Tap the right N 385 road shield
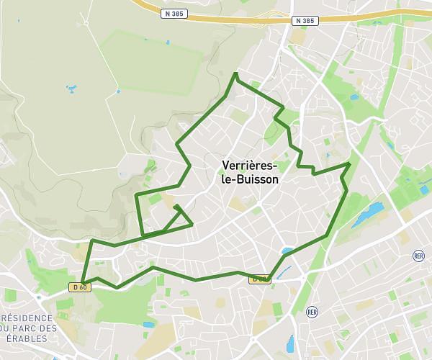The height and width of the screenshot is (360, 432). pyautogui.click(x=305, y=21)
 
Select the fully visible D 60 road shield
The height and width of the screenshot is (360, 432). pyautogui.click(x=79, y=287)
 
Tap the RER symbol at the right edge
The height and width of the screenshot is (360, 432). pyautogui.click(x=419, y=256)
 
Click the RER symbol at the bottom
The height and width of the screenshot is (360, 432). pyautogui.click(x=312, y=312)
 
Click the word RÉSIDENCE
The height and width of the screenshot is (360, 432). pyautogui.click(x=27, y=318)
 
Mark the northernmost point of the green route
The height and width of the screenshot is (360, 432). pyautogui.click(x=236, y=73)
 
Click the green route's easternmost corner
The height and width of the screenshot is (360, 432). pyautogui.click(x=350, y=164)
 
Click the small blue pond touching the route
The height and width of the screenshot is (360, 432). pyautogui.click(x=288, y=252)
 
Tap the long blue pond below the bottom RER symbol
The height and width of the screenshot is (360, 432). pyautogui.click(x=291, y=344)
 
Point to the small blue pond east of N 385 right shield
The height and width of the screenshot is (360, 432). pyautogui.click(x=353, y=97)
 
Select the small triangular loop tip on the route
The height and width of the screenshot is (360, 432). pyautogui.click(x=176, y=207)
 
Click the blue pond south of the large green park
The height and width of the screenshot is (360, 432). pyautogui.click(x=148, y=325)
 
